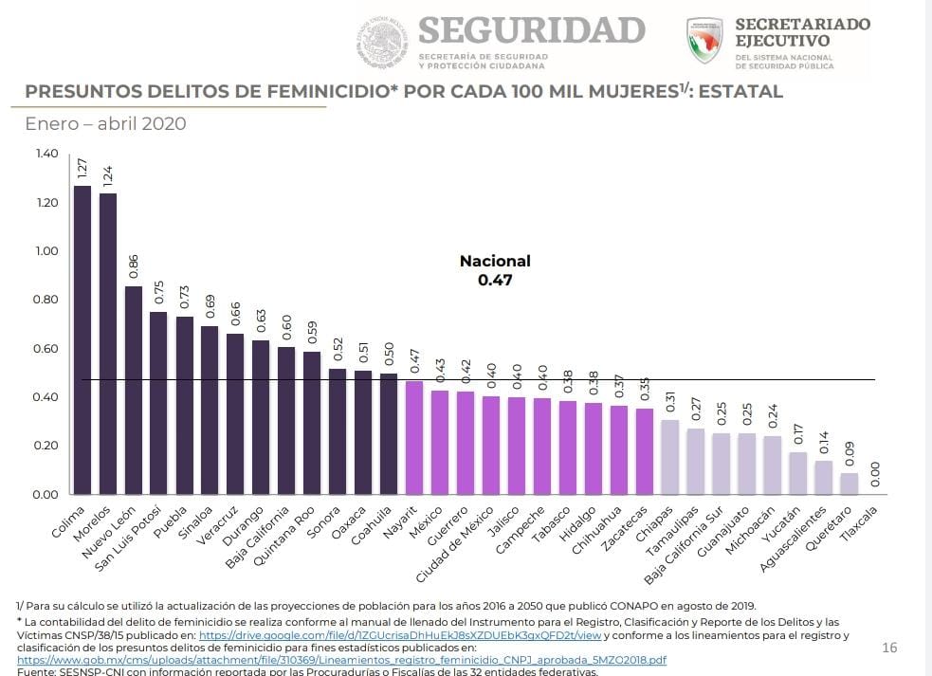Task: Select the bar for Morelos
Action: (x=108, y=343)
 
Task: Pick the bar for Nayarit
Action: (x=413, y=437)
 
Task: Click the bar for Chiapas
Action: (x=669, y=457)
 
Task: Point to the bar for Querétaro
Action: (x=849, y=484)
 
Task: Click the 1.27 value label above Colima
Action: (x=82, y=170)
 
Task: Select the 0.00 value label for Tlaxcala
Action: (x=874, y=475)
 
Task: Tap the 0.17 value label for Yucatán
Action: (x=797, y=434)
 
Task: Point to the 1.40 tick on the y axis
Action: (x=46, y=154)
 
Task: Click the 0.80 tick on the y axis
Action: (x=46, y=300)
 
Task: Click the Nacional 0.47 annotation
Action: (x=495, y=270)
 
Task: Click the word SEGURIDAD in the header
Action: (x=531, y=30)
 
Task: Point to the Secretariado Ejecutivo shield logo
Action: (x=704, y=41)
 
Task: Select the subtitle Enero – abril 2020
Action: (x=105, y=124)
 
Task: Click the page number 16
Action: (x=889, y=648)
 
